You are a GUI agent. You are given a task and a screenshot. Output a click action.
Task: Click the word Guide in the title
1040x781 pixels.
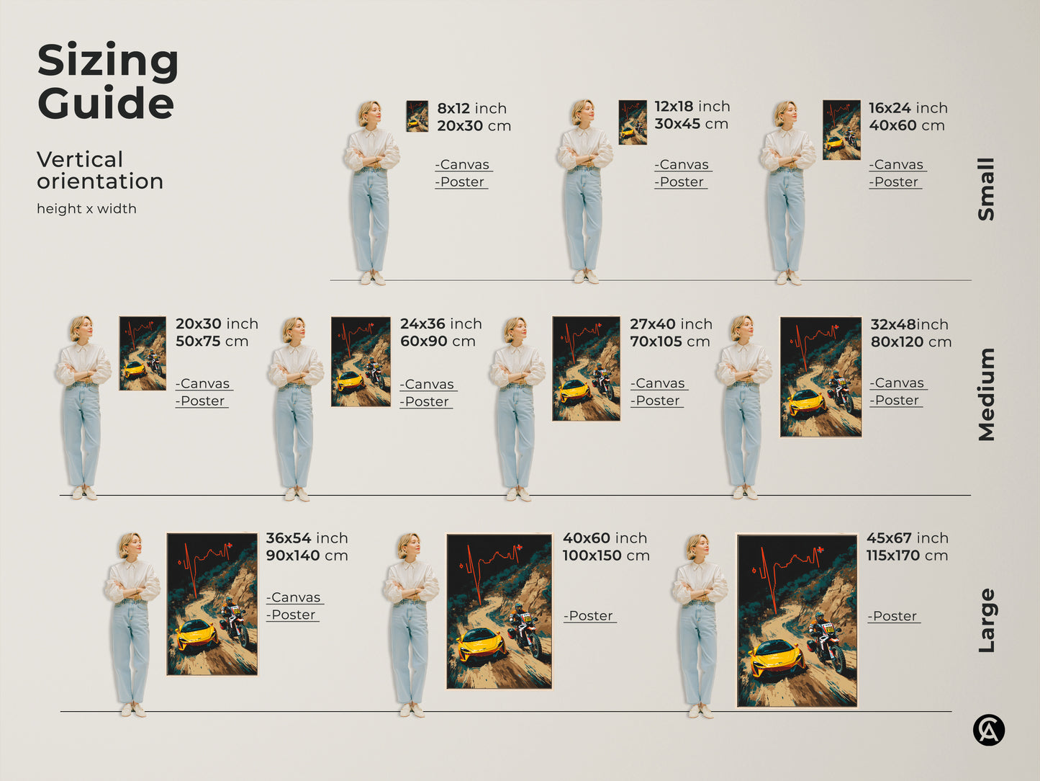pyautogui.click(x=106, y=102)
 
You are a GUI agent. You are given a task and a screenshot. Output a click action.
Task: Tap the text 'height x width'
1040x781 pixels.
pyautogui.click(x=86, y=209)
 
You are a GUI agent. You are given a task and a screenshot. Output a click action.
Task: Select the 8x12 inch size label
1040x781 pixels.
pyautogui.click(x=472, y=109)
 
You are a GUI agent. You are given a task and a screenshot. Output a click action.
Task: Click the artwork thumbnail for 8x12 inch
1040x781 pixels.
pyautogui.click(x=417, y=116)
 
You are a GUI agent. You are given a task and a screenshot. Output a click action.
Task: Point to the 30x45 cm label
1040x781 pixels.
pyautogui.click(x=691, y=124)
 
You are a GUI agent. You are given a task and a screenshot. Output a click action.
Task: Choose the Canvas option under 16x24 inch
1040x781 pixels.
pyautogui.click(x=897, y=164)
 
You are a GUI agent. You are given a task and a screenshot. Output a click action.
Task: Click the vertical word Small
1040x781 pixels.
pyautogui.click(x=986, y=189)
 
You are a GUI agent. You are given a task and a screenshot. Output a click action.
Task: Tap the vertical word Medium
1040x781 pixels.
pyautogui.click(x=987, y=395)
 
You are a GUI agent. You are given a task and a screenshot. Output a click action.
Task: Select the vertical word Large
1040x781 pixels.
pyautogui.click(x=987, y=620)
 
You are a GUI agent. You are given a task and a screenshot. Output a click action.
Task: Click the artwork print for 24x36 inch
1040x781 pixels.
pyautogui.click(x=361, y=362)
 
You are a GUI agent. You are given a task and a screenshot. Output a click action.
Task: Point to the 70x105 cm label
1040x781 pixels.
pyautogui.click(x=670, y=342)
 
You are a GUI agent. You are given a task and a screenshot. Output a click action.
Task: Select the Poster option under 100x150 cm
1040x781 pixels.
pyautogui.click(x=589, y=616)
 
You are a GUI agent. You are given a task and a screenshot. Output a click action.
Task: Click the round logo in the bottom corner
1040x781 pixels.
pyautogui.click(x=989, y=730)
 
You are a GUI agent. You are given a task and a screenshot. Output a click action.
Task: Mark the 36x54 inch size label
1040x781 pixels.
pyautogui.click(x=307, y=538)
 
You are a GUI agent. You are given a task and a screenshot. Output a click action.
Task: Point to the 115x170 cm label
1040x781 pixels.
pyautogui.click(x=908, y=555)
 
